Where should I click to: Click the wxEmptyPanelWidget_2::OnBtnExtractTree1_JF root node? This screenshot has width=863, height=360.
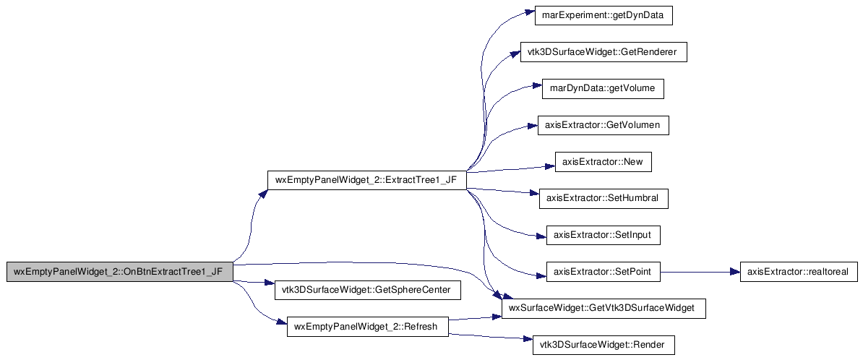(x=119, y=273)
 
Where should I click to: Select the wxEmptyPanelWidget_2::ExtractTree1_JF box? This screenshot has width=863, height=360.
(x=366, y=181)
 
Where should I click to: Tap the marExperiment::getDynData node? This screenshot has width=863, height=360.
(x=604, y=15)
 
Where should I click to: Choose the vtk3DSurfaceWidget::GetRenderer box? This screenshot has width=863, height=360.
(x=604, y=52)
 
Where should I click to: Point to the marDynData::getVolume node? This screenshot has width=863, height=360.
(x=603, y=89)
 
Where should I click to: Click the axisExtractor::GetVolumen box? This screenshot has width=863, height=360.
(x=604, y=126)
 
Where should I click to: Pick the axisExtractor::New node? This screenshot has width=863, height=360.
(x=604, y=163)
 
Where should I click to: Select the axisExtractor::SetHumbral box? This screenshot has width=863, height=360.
(x=604, y=199)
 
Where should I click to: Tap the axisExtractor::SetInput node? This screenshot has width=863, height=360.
(x=603, y=236)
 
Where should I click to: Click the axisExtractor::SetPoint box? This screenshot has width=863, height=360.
(x=603, y=273)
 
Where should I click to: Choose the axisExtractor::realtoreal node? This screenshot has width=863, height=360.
(x=798, y=273)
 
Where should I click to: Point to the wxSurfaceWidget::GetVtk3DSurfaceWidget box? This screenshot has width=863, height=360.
(x=604, y=309)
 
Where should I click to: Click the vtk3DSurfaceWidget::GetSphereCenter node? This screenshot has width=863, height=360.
(x=367, y=291)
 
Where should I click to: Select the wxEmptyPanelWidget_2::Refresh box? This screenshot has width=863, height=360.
(x=367, y=327)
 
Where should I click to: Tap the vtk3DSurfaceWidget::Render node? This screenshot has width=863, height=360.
(x=604, y=346)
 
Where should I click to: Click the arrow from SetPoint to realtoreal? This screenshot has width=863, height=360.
(x=700, y=273)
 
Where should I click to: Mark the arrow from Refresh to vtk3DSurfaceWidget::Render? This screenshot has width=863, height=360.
(x=490, y=338)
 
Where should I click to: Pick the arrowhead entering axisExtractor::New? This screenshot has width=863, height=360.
(x=551, y=166)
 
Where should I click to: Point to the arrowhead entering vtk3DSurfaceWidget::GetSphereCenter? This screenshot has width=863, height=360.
(x=270, y=285)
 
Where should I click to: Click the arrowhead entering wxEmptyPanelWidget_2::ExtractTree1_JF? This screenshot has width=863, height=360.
(x=264, y=194)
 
